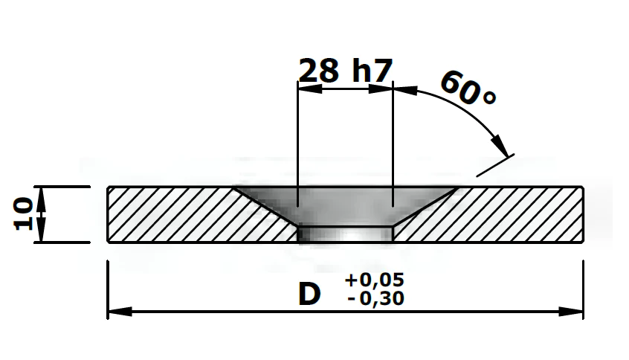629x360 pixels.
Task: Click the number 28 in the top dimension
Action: point(319,71)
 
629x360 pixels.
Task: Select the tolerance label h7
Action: point(372,70)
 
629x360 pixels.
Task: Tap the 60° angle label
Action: point(468,89)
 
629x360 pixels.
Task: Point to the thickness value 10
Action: point(22,213)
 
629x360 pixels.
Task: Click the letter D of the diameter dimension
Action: point(309,295)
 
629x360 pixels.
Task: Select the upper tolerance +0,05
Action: point(374,280)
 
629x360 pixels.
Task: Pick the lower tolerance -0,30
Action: point(376,298)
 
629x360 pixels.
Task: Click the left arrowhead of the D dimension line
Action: point(120,311)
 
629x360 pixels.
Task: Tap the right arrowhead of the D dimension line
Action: point(570,311)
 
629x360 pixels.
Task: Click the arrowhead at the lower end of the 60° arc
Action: point(500,146)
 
